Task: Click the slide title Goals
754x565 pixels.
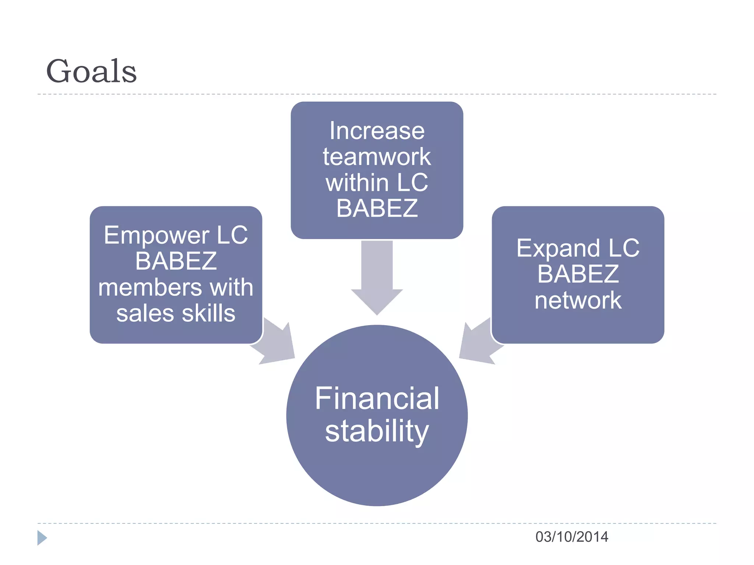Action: [91, 71]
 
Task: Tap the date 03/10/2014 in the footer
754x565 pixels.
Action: [571, 537]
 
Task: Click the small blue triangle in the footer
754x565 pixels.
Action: [42, 538]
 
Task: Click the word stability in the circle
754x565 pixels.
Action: [377, 431]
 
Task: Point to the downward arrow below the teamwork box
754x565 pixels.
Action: [377, 276]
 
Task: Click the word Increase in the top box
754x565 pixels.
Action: [377, 131]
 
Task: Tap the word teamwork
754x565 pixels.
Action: [377, 157]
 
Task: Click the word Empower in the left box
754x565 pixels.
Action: [156, 235]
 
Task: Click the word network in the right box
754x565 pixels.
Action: [578, 301]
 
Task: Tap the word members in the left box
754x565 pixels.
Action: [150, 288]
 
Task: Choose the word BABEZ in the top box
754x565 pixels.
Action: [377, 209]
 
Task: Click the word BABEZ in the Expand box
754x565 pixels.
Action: [578, 274]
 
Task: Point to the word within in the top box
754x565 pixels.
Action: [357, 183]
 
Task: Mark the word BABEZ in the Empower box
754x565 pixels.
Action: [176, 262]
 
